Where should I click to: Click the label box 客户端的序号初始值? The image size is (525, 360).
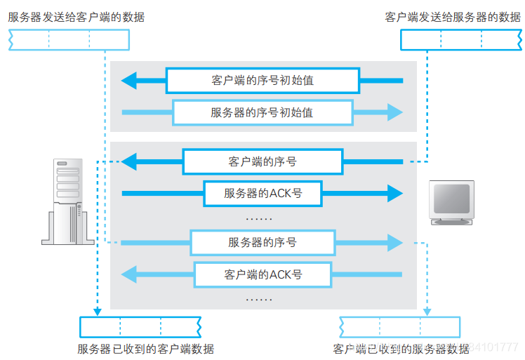[x=262, y=81]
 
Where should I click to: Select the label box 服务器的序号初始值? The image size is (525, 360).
[x=262, y=112]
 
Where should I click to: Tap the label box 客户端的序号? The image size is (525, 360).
[x=262, y=161]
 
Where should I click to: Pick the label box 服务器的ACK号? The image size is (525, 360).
[x=262, y=193]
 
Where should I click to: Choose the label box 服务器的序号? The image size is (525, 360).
[x=262, y=242]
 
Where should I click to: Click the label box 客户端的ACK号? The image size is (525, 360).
[x=262, y=274]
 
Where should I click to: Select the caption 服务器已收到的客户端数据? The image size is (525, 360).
[x=145, y=349]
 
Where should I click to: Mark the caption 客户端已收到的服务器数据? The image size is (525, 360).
[x=401, y=349]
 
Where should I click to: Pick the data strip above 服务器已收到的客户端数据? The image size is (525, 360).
[x=140, y=327]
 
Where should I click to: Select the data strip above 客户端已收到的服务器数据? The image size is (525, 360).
[x=400, y=327]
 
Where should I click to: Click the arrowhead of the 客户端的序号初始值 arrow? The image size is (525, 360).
[x=128, y=81]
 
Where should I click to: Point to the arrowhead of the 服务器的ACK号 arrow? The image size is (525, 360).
[x=396, y=193]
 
